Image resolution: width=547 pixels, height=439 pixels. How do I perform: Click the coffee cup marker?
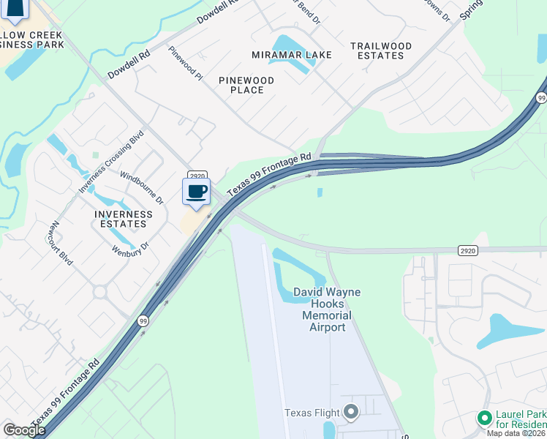[x=196, y=192]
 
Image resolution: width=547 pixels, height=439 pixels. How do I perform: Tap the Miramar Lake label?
[x=292, y=55]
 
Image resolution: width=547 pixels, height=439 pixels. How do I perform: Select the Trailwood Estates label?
[x=380, y=50]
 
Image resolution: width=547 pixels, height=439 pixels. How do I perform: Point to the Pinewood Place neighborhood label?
[x=246, y=85]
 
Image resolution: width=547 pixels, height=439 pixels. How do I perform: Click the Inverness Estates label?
[x=124, y=219]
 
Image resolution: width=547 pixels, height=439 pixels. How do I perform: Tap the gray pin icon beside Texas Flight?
[x=351, y=413]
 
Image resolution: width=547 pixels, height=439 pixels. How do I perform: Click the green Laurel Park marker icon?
[x=483, y=418]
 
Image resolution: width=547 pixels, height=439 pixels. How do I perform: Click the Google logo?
[x=24, y=430]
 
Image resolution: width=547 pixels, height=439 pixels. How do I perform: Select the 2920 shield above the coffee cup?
[x=196, y=175]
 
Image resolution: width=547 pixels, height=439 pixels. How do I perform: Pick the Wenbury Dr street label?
[x=130, y=247]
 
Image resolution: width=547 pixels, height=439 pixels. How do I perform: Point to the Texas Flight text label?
[x=311, y=413]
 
